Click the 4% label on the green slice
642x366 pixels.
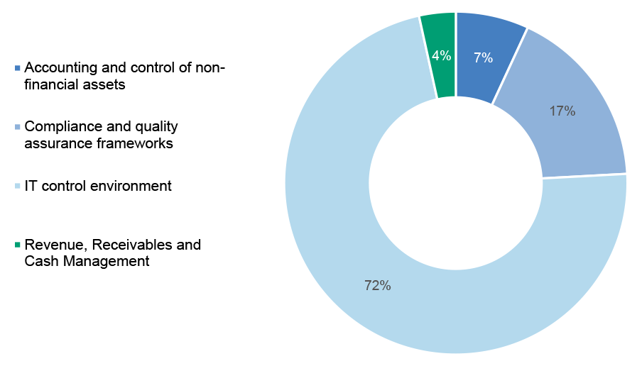tap(442, 55)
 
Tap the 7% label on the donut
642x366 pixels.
tap(483, 57)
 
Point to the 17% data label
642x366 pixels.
tap(562, 111)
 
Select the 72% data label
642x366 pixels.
tap(378, 285)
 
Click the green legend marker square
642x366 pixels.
tap(17, 245)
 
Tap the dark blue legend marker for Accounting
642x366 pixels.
tap(17, 68)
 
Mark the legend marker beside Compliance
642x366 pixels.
tap(17, 127)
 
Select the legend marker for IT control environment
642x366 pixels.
tap(17, 187)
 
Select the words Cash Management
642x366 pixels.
tap(87, 261)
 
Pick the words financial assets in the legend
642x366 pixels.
tap(75, 84)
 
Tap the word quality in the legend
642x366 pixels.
tap(156, 127)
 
